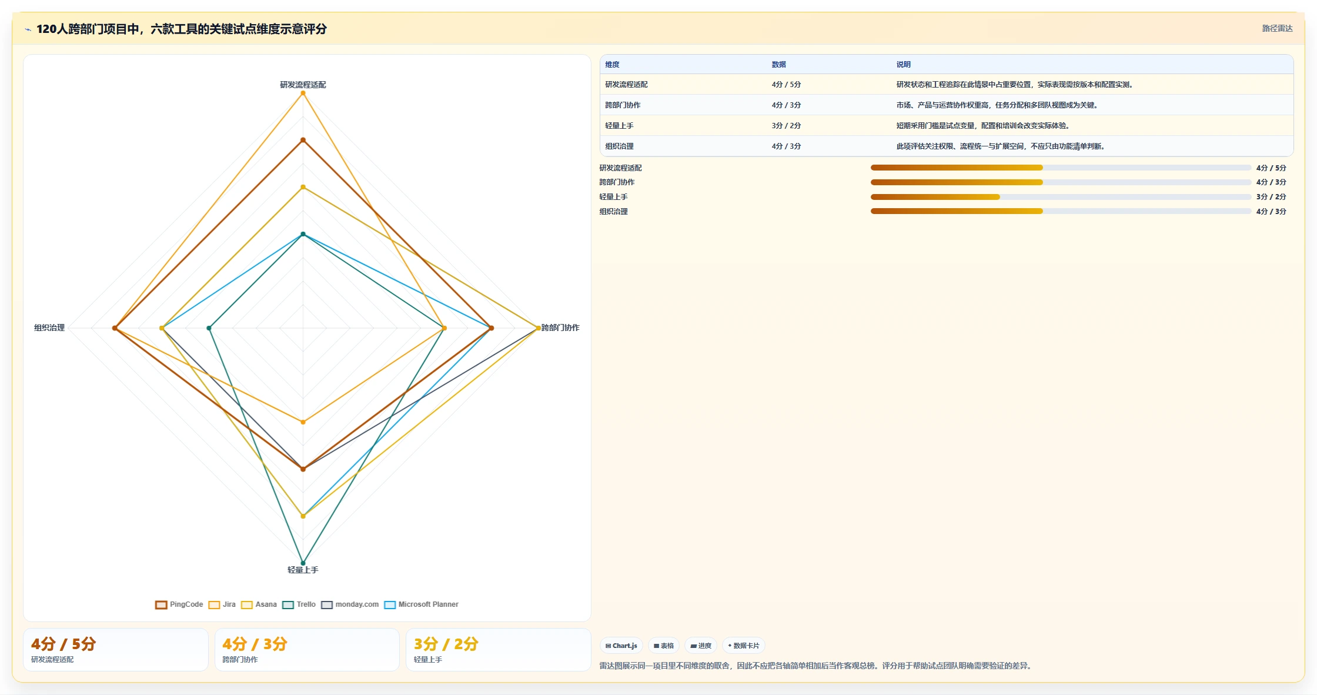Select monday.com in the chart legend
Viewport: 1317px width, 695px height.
(350, 604)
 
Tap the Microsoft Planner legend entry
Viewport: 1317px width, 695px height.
(421, 604)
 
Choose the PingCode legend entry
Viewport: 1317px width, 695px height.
(179, 604)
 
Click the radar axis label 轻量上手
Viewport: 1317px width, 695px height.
(303, 570)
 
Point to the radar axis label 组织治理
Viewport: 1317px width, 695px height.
(49, 328)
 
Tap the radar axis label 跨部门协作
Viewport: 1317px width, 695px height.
(560, 328)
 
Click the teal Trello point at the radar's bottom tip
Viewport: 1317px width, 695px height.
(303, 563)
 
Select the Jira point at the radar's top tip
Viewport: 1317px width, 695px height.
(303, 93)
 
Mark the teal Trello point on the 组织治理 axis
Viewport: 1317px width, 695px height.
(209, 328)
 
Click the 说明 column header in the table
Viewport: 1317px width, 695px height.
(903, 65)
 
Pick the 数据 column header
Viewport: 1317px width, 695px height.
(778, 65)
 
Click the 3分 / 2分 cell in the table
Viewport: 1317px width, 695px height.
(786, 126)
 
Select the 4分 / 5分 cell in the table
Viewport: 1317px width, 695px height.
(786, 85)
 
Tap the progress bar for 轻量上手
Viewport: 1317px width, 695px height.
(1061, 197)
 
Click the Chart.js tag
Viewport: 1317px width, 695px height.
(621, 646)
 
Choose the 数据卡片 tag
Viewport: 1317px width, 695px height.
(744, 646)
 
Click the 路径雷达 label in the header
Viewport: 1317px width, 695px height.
(1277, 28)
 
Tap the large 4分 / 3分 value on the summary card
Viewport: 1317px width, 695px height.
(255, 644)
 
